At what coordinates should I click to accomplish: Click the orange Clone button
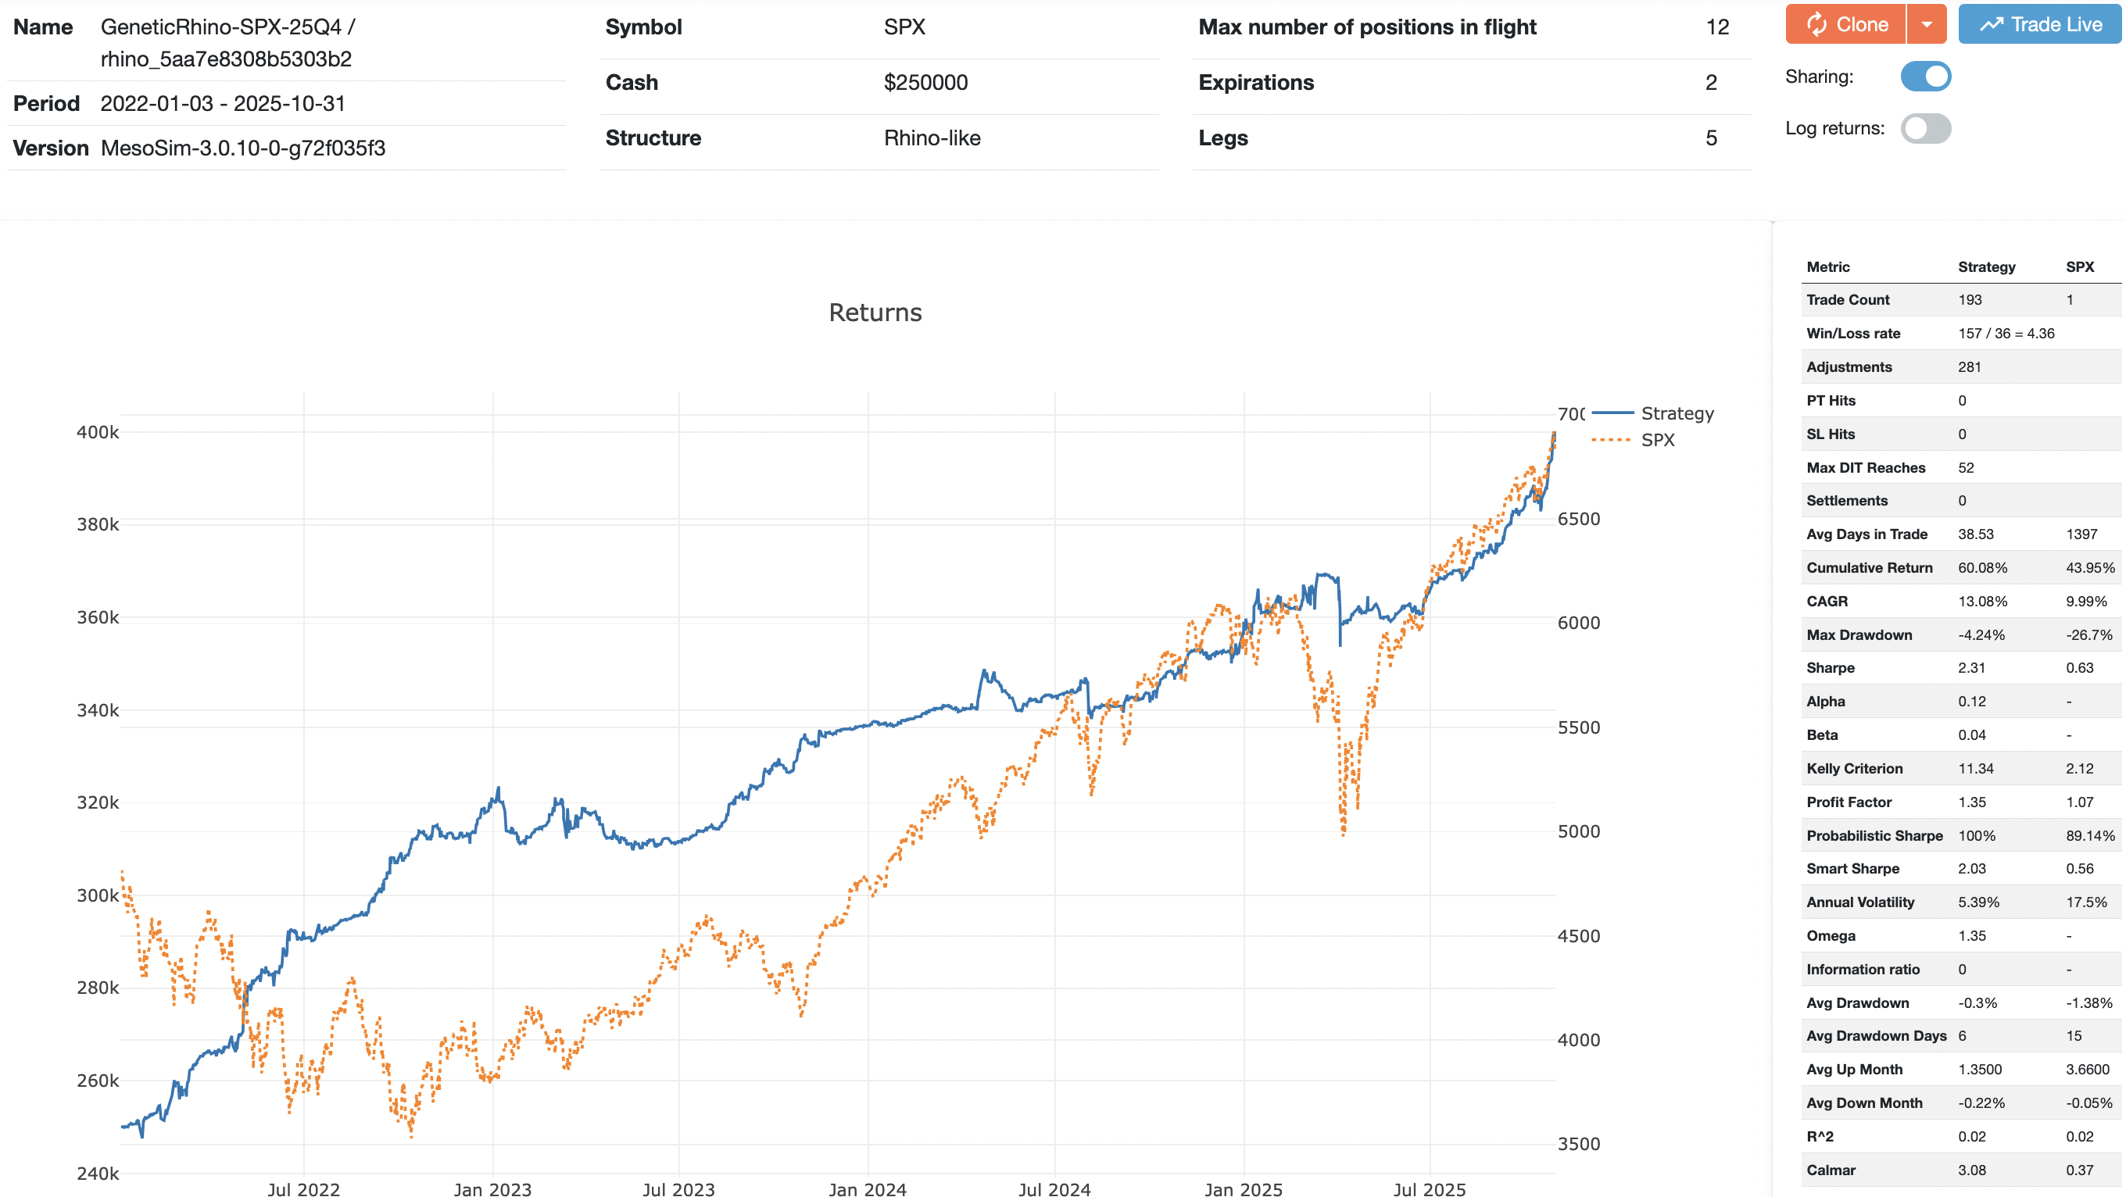point(1845,25)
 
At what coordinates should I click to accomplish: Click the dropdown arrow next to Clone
point(1926,25)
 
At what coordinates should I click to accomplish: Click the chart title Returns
point(875,313)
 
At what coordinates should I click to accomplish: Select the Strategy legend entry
point(1677,413)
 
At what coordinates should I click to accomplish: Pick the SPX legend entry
point(1657,441)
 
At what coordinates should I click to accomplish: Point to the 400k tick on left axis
point(98,432)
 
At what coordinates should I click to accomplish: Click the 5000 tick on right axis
point(1578,831)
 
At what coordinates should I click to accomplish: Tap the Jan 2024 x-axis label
point(867,1188)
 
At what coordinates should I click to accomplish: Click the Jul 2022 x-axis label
point(303,1188)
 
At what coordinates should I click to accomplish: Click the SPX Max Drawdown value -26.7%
point(2088,635)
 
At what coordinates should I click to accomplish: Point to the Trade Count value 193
point(1969,300)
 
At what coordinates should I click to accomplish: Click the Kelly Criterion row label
point(1854,769)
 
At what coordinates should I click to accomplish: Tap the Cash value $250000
point(925,83)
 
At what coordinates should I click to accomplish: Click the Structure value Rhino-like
point(932,138)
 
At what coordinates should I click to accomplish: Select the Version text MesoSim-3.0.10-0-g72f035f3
point(242,148)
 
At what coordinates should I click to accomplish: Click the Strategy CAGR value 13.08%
point(1981,602)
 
